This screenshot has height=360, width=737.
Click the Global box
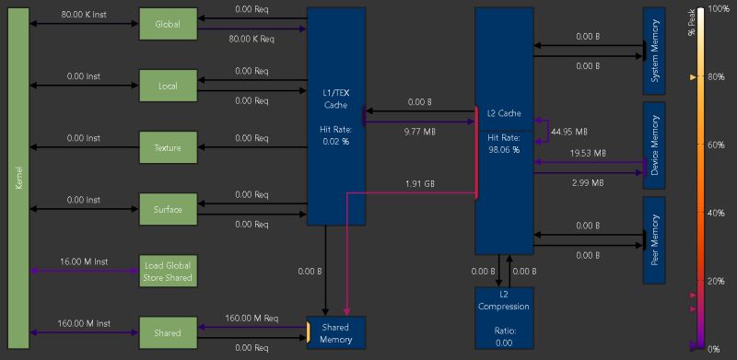[168, 24]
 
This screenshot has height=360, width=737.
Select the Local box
[168, 86]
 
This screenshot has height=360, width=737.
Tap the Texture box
[168, 147]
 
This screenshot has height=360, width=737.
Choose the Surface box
[168, 209]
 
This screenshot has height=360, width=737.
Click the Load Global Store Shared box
[168, 271]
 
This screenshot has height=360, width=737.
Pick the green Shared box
[168, 332]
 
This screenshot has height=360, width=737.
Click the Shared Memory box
[335, 332]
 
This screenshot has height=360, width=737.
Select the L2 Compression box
[504, 317]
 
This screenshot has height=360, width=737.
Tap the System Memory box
[654, 51]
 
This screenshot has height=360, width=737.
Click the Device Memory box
[654, 145]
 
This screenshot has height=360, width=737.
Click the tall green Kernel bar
[18, 179]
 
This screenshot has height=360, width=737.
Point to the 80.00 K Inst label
[86, 15]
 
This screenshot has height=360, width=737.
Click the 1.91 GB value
[420, 184]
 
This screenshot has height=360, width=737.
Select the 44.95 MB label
[567, 132]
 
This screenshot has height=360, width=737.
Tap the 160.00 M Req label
[252, 318]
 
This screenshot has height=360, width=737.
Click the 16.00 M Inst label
[86, 261]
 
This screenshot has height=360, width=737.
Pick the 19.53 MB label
[588, 153]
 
